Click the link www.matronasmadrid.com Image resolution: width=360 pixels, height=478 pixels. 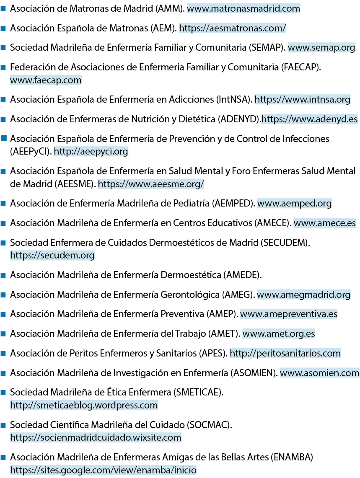point(243,8)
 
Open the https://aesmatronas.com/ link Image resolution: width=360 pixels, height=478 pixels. point(233,28)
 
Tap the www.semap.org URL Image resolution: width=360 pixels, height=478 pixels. point(321,48)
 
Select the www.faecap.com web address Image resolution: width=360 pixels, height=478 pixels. point(46,80)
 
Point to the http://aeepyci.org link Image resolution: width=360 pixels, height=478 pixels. point(91,151)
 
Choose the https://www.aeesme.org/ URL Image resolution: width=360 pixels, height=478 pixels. point(151,184)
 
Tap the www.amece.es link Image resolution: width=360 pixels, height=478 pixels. point(325,223)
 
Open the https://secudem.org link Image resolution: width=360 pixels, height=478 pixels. point(52,255)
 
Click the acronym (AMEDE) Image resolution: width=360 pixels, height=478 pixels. point(243,275)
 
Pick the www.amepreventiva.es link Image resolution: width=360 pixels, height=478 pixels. point(289,314)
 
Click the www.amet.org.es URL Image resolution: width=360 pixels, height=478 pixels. point(279,334)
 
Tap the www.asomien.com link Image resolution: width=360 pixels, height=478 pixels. point(319,373)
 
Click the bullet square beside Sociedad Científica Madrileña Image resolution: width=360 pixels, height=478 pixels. point(3,425)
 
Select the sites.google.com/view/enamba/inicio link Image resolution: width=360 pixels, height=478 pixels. point(103,470)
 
